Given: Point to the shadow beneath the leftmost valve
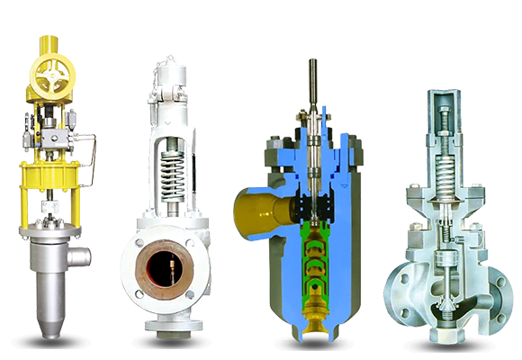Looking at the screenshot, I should (x=50, y=340).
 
